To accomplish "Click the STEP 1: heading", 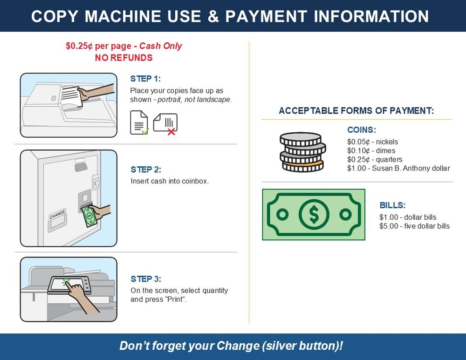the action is click(145, 79).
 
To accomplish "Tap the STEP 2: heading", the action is click(145, 170).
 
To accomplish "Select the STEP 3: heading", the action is click(145, 279).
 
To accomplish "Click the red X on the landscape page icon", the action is click(171, 132).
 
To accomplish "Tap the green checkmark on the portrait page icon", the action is click(145, 131).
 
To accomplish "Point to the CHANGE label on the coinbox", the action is click(57, 214).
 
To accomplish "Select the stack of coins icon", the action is click(302, 152).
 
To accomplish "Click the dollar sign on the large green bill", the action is click(314, 214).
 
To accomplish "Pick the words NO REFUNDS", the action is click(123, 58).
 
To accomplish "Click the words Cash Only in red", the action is click(160, 46).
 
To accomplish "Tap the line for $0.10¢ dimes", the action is click(371, 150).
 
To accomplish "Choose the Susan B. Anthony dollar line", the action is click(398, 169).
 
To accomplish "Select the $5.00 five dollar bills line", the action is click(414, 226).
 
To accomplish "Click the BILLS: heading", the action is click(392, 205).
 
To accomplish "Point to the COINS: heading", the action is click(362, 130).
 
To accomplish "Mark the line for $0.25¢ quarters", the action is click(375, 159).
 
